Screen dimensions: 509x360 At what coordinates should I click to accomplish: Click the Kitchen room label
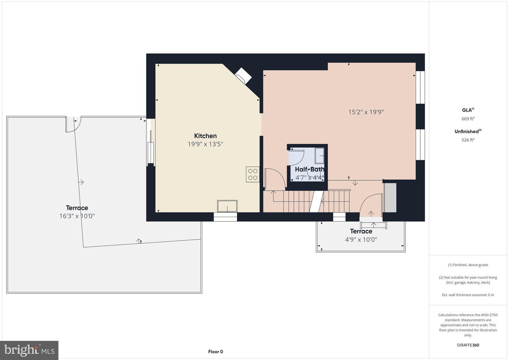pyautogui.click(x=205, y=136)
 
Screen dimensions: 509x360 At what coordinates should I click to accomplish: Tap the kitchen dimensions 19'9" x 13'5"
pyautogui.click(x=205, y=144)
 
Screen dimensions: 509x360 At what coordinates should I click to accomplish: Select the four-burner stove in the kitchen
pyautogui.click(x=253, y=174)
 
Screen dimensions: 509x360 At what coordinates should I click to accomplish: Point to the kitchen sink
pyautogui.click(x=227, y=206)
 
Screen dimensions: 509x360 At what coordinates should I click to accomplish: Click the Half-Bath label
pyautogui.click(x=310, y=169)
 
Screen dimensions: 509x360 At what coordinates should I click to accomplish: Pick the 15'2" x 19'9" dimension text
pyautogui.click(x=366, y=112)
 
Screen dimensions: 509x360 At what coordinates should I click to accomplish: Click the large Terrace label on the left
pyautogui.click(x=77, y=208)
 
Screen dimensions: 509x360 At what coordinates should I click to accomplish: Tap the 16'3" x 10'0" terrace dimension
pyautogui.click(x=77, y=216)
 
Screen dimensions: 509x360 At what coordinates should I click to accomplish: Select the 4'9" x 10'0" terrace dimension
pyautogui.click(x=361, y=239)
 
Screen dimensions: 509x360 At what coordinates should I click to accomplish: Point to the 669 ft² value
pyautogui.click(x=468, y=118)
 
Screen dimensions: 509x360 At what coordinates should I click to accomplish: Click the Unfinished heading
pyautogui.click(x=468, y=131)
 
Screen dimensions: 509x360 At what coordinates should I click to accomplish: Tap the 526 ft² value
pyautogui.click(x=468, y=140)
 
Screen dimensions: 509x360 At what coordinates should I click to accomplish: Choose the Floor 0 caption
pyautogui.click(x=215, y=352)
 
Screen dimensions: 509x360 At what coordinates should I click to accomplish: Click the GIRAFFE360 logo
pyautogui.click(x=468, y=345)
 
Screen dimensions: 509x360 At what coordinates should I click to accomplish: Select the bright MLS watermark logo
pyautogui.click(x=29, y=350)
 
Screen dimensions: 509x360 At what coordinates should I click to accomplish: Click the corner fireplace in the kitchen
pyautogui.click(x=243, y=76)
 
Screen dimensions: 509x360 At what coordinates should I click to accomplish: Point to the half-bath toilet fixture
pyautogui.click(x=320, y=156)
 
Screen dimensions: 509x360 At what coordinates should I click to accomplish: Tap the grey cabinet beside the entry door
pyautogui.click(x=390, y=197)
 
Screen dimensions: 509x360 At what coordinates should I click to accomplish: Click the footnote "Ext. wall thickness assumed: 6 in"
pyautogui.click(x=468, y=295)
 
